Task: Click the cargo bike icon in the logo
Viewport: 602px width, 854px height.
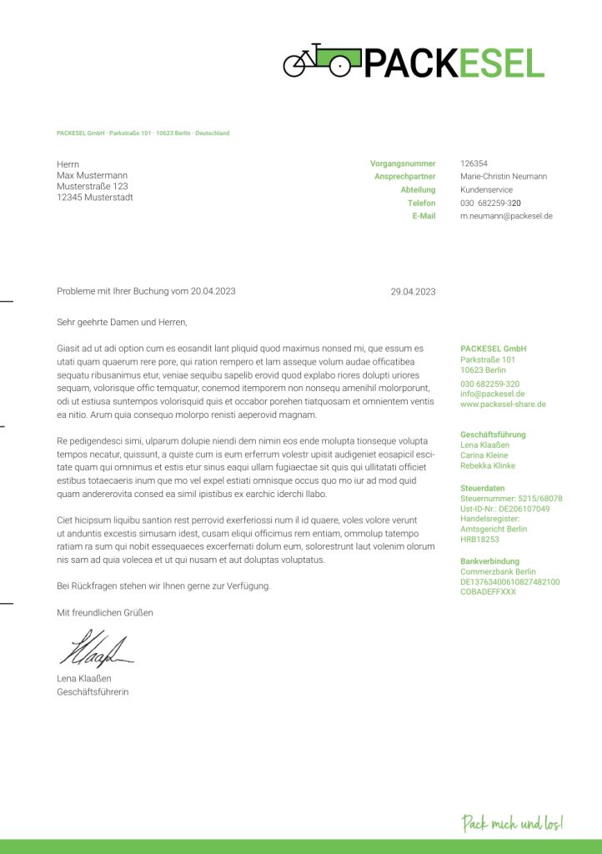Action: pyautogui.click(x=322, y=61)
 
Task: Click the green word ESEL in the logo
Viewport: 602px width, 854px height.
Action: pyautogui.click(x=499, y=63)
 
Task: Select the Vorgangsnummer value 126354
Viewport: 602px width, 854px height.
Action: pyautogui.click(x=474, y=163)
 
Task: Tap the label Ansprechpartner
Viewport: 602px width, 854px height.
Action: pyautogui.click(x=404, y=177)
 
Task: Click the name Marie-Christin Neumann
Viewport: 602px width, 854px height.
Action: pyautogui.click(x=504, y=177)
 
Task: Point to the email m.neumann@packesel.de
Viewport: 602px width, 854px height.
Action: pyautogui.click(x=506, y=216)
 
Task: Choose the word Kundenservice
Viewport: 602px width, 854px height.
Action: pyautogui.click(x=488, y=190)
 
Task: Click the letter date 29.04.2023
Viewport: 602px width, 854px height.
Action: pyautogui.click(x=413, y=292)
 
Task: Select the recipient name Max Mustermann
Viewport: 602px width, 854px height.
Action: pyautogui.click(x=92, y=176)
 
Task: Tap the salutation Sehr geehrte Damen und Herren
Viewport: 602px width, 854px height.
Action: pyautogui.click(x=122, y=322)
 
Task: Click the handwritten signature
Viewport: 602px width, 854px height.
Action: pyautogui.click(x=94, y=648)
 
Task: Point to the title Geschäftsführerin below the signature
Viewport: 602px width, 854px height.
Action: pyautogui.click(x=93, y=692)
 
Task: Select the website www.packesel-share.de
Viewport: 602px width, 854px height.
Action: pyautogui.click(x=503, y=404)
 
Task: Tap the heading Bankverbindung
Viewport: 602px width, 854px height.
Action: pyautogui.click(x=489, y=561)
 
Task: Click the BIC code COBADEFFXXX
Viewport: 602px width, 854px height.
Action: pyautogui.click(x=488, y=592)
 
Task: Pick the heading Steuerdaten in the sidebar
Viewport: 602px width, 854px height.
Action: pyautogui.click(x=482, y=488)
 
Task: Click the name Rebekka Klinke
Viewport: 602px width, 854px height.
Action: pyautogui.click(x=488, y=466)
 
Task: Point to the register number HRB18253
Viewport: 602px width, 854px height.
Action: pyautogui.click(x=479, y=540)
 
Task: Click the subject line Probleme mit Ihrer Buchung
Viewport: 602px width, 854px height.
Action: pyautogui.click(x=146, y=291)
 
